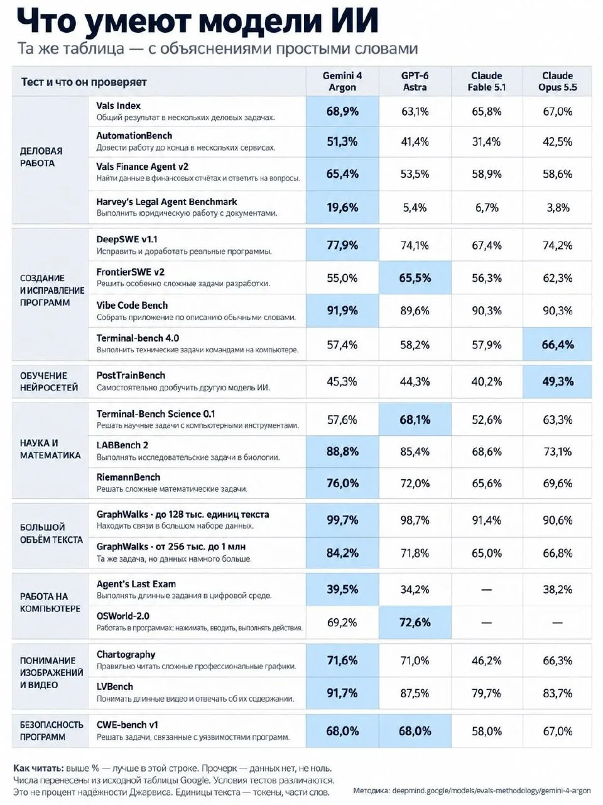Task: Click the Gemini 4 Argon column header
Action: (x=342, y=81)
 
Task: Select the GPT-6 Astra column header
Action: (x=415, y=81)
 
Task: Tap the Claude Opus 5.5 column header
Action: (x=557, y=81)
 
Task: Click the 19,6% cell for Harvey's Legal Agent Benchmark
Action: (x=342, y=208)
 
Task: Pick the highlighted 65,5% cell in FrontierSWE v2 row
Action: (x=415, y=277)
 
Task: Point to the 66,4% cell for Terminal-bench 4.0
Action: (x=558, y=345)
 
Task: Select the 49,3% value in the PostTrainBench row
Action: (x=558, y=381)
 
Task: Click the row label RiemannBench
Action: (x=128, y=477)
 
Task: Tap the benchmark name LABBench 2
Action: (x=122, y=445)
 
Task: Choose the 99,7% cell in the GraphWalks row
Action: (x=342, y=520)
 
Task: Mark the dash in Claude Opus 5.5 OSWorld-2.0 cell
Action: (x=557, y=623)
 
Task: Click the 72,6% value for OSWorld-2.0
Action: (x=415, y=623)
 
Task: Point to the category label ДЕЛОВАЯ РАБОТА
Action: (x=41, y=157)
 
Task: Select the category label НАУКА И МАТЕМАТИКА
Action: (x=50, y=449)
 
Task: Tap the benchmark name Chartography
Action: (x=126, y=655)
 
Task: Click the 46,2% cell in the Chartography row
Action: (x=486, y=660)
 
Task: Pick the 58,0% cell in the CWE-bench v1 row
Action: (x=486, y=731)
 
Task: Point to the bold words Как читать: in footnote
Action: (x=39, y=768)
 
